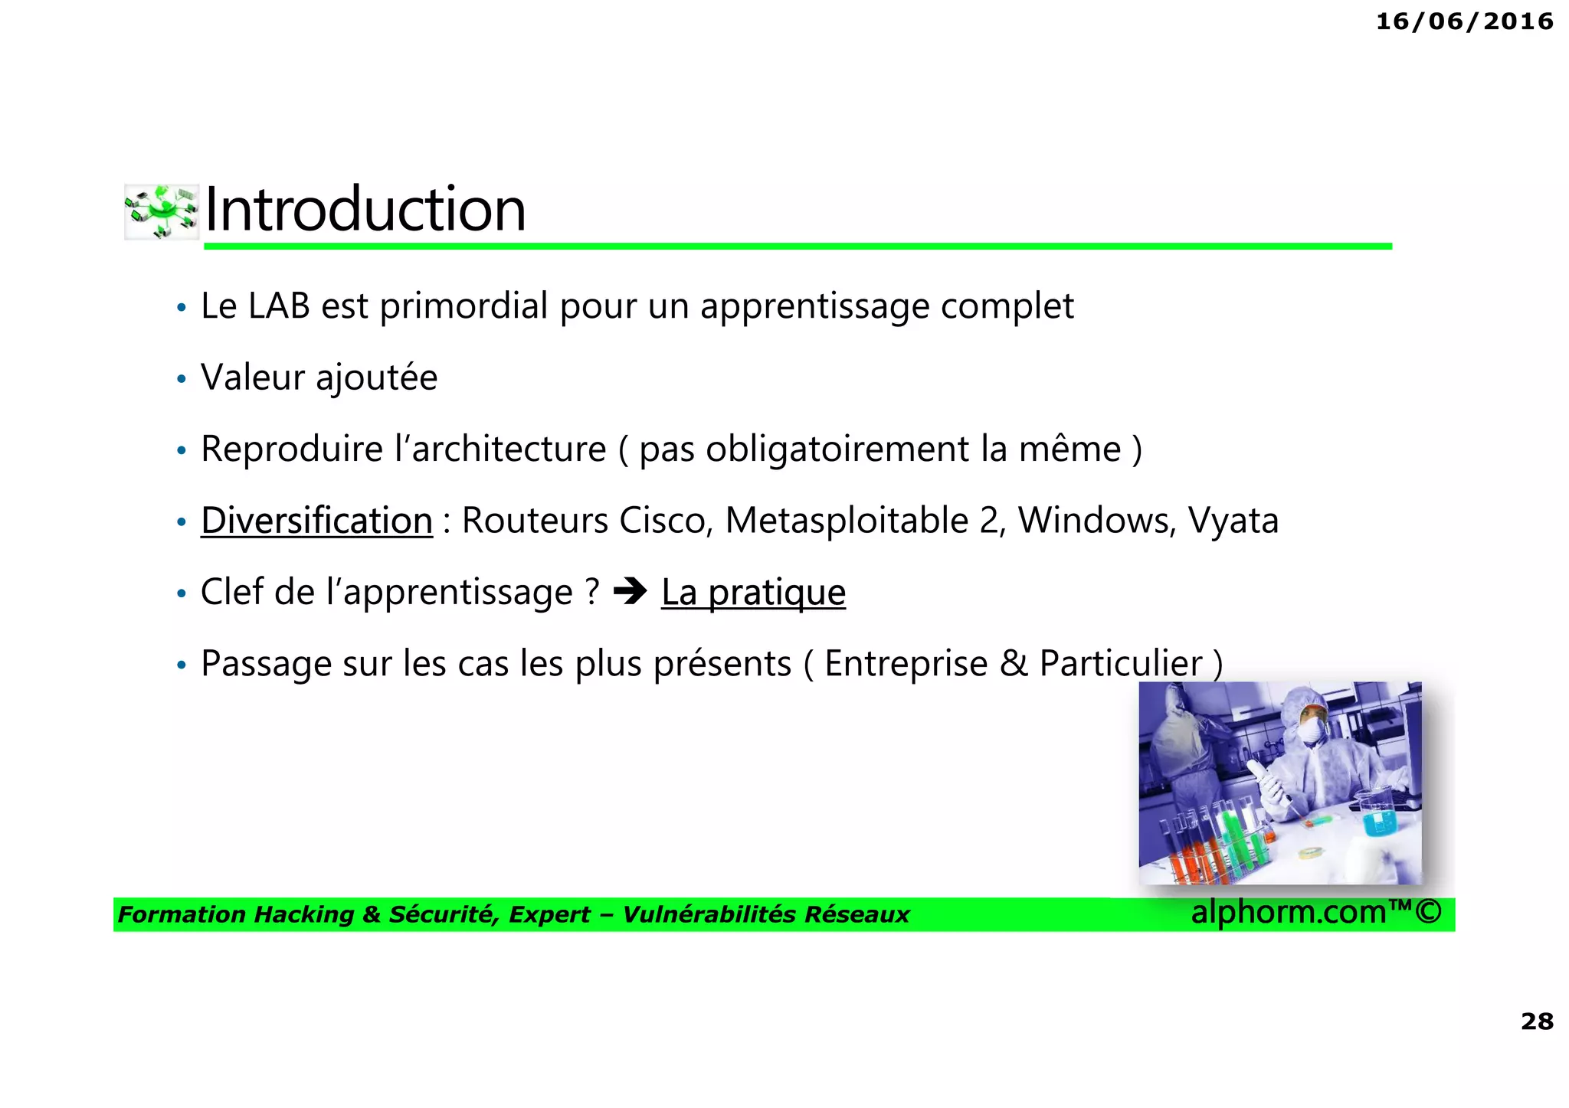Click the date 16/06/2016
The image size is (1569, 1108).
click(1464, 21)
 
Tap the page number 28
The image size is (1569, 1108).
click(1536, 1021)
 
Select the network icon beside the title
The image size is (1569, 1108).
click(162, 211)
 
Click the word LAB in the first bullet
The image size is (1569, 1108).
click(279, 306)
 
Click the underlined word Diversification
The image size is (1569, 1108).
click(316, 521)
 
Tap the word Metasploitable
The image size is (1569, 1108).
click(847, 521)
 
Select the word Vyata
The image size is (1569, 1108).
click(1233, 521)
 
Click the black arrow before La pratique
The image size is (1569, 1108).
click(631, 591)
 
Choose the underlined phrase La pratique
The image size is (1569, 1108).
click(753, 593)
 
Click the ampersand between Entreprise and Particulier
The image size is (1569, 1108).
click(1014, 663)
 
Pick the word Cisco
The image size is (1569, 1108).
click(666, 521)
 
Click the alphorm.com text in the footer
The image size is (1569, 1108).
click(1289, 912)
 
